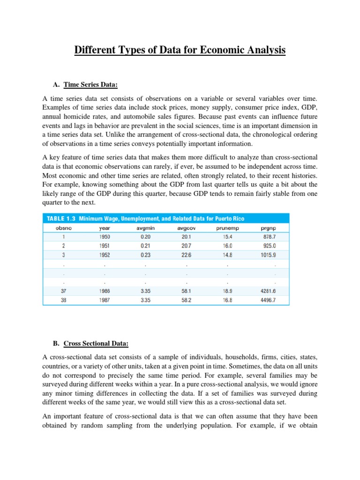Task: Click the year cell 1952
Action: point(105,255)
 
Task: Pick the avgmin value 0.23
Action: point(146,255)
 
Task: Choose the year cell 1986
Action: point(105,291)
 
